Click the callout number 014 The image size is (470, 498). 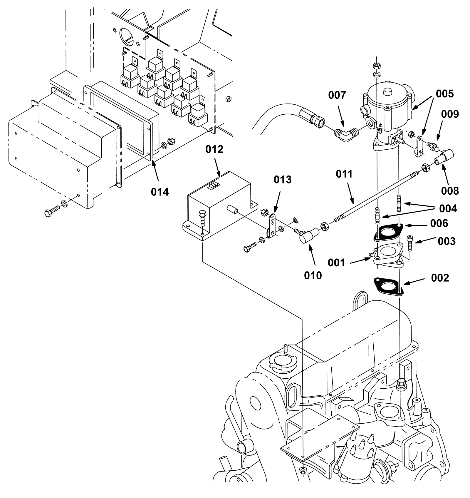(x=160, y=192)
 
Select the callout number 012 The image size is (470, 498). (x=214, y=149)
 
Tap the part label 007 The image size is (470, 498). (x=337, y=95)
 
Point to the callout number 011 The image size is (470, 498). (x=344, y=174)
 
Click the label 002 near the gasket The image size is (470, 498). (x=440, y=278)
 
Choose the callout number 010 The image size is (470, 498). (x=313, y=275)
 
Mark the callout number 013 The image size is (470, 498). (x=283, y=179)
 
